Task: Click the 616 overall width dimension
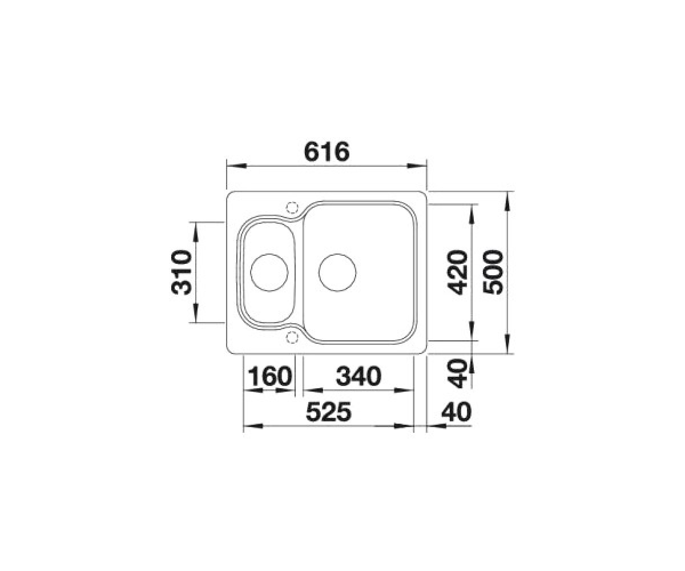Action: pos(327,152)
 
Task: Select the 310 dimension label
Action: pos(182,272)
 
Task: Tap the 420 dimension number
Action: pos(457,272)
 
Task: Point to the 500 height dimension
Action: pos(493,272)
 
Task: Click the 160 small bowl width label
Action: pos(270,376)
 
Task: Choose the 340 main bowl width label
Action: pos(358,376)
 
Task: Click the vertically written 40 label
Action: pos(457,373)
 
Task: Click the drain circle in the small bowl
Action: pos(269,272)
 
